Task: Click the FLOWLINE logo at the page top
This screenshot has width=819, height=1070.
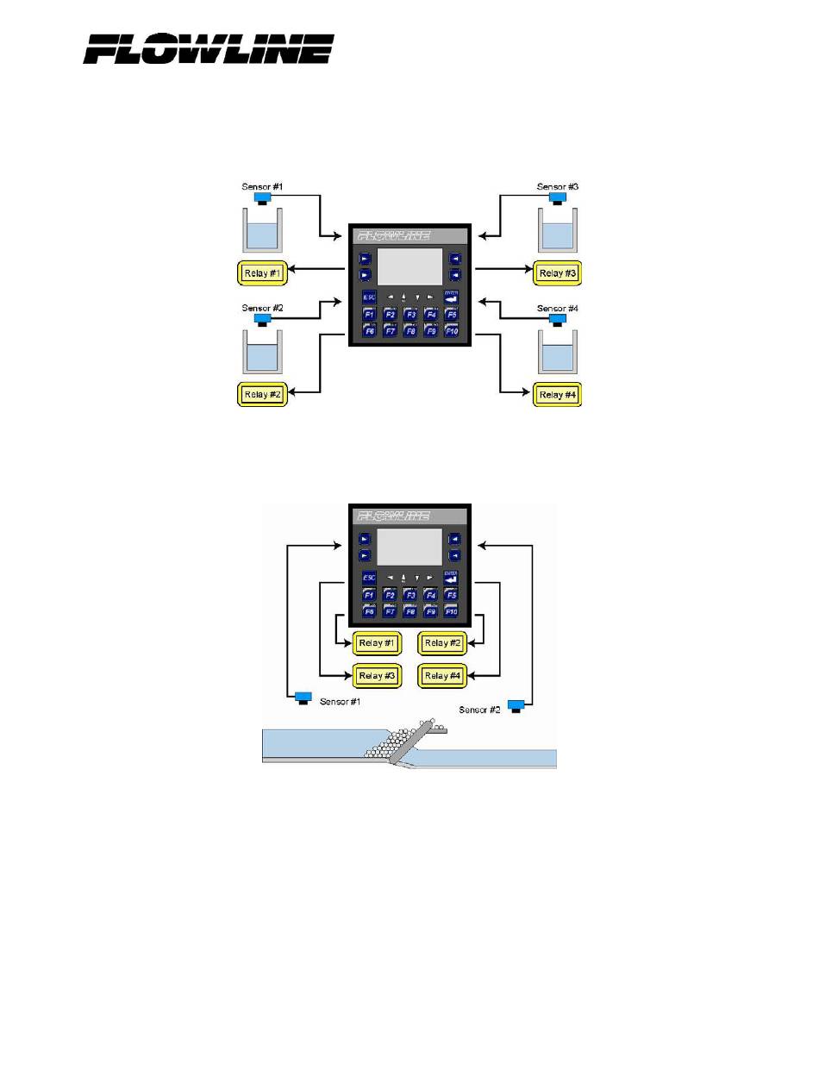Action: coord(208,48)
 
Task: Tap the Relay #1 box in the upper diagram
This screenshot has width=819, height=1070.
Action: coord(262,274)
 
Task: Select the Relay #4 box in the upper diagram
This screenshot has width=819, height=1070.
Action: coord(557,395)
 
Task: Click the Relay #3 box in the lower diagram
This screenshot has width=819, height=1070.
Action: coord(377,676)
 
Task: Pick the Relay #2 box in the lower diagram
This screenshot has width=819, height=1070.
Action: coord(442,643)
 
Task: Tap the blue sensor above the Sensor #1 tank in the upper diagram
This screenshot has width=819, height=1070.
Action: coord(262,198)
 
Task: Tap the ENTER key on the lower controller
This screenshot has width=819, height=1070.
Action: coord(452,577)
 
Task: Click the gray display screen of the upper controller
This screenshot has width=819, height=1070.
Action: coord(410,266)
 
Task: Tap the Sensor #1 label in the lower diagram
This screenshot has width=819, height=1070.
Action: coord(340,702)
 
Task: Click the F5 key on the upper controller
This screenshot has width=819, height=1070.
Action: coord(452,315)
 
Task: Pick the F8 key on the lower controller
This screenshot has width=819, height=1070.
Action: coord(410,611)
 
